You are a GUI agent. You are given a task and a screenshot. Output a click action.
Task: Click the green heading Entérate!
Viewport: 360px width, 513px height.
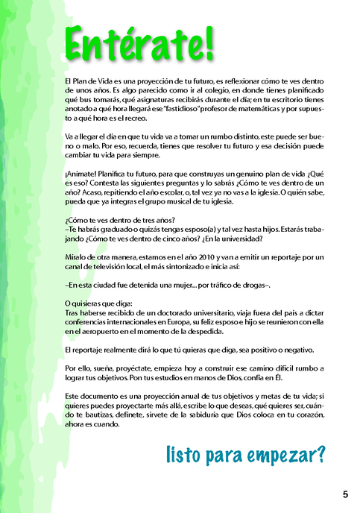tap(140, 43)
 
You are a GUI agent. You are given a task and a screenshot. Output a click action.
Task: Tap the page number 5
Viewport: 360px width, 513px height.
tap(346, 494)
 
